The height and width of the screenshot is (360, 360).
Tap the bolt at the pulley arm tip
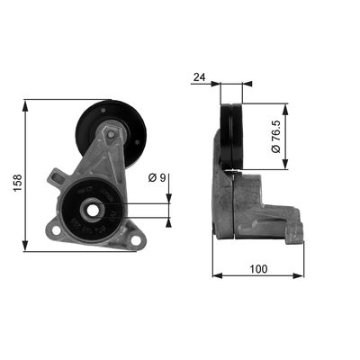110,135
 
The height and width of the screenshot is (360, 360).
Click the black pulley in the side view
233,136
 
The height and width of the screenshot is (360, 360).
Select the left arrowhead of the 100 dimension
217,276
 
